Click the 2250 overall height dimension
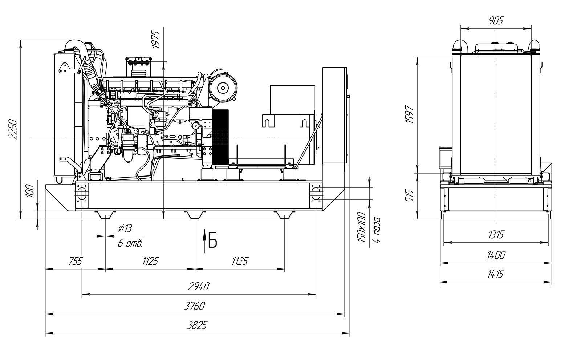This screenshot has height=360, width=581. [x=13, y=130]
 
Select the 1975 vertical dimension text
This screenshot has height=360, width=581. [x=156, y=40]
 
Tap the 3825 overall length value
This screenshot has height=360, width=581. [x=198, y=325]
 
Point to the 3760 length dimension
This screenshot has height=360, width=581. [x=195, y=306]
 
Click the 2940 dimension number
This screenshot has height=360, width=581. [x=199, y=287]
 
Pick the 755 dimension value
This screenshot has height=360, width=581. [x=76, y=261]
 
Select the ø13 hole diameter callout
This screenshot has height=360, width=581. [x=125, y=228]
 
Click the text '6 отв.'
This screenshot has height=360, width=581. [x=130, y=244]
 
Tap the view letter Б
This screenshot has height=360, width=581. [x=213, y=240]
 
